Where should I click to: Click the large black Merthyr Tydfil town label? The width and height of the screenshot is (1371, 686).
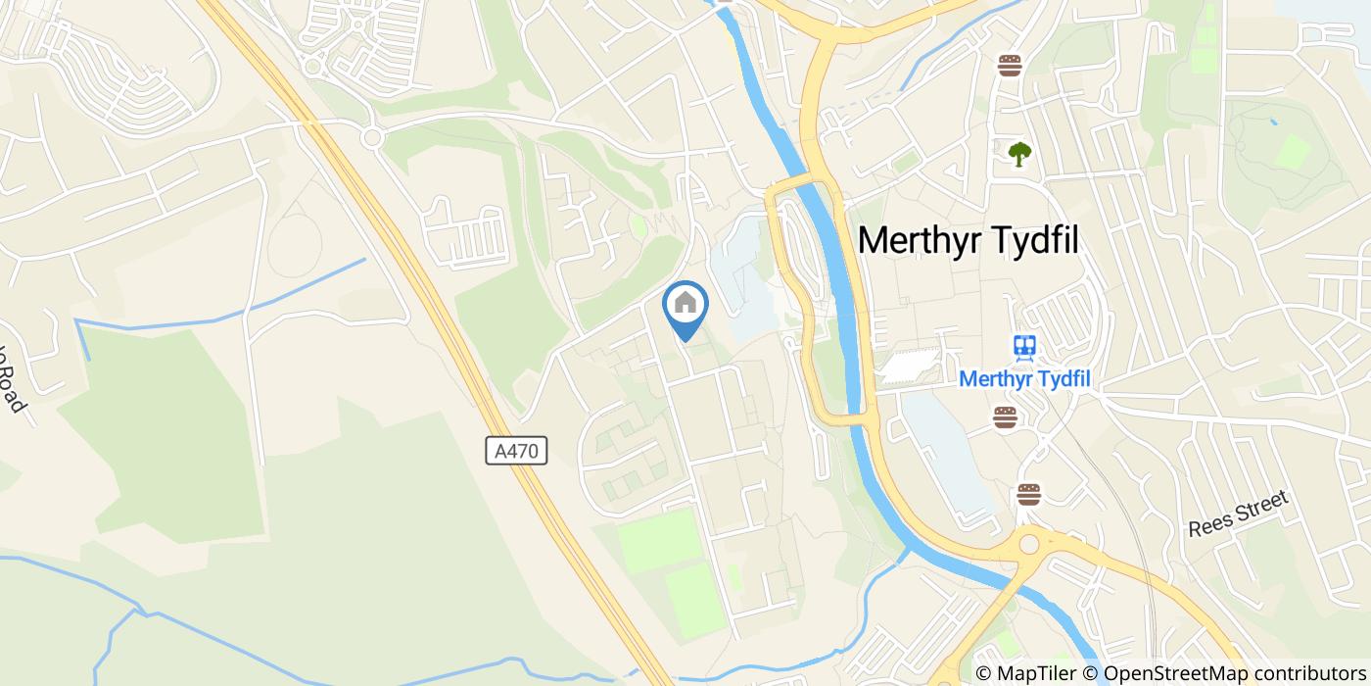click(x=969, y=240)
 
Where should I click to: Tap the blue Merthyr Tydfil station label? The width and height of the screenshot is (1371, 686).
click(x=1024, y=378)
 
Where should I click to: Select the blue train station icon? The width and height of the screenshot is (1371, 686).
click(x=1025, y=346)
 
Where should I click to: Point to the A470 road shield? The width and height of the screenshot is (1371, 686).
click(x=516, y=451)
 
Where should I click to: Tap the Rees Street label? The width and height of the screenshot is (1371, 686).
click(x=1238, y=514)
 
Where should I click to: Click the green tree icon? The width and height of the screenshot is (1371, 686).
click(x=1020, y=153)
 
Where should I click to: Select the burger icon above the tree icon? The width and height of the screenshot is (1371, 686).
click(x=1011, y=66)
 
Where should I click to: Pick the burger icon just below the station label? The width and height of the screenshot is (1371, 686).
click(x=1005, y=417)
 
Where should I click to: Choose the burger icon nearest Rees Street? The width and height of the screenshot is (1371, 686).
click(x=1028, y=494)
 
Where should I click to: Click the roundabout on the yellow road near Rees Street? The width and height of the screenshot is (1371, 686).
click(x=1029, y=543)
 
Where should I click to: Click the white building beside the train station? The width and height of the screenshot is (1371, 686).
click(x=909, y=367)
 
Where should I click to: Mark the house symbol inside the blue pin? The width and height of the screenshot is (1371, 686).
click(x=685, y=303)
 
